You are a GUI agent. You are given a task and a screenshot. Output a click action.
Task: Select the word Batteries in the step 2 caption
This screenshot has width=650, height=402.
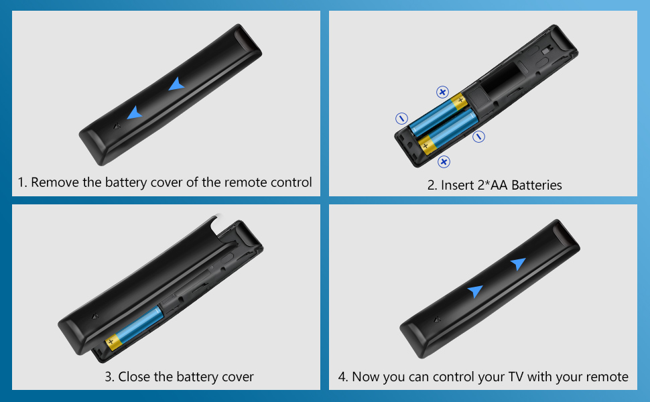pyautogui.click(x=536, y=185)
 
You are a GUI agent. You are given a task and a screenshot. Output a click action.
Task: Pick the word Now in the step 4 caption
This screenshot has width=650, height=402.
pyautogui.click(x=364, y=377)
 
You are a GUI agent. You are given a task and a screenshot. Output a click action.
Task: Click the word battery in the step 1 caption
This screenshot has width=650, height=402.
pyautogui.click(x=126, y=182)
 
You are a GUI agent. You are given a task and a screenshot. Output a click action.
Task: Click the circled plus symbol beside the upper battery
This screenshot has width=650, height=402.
pyautogui.click(x=443, y=92)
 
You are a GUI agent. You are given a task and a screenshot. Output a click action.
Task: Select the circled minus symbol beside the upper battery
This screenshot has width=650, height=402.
pyautogui.click(x=401, y=119)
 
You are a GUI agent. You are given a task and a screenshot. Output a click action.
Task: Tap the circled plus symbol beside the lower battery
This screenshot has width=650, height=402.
pyautogui.click(x=444, y=161)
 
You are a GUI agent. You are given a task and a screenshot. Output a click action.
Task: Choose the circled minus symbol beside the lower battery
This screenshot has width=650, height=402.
pyautogui.click(x=479, y=137)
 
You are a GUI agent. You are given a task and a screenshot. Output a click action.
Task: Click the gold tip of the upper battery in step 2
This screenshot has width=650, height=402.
pyautogui.click(x=459, y=102)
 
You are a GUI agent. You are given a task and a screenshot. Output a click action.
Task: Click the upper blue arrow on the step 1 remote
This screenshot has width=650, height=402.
pyautogui.click(x=176, y=84)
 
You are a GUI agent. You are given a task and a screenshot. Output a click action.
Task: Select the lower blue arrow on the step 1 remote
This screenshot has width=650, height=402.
pyautogui.click(x=134, y=113)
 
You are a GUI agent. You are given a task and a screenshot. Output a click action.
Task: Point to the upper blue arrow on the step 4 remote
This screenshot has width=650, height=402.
pyautogui.click(x=518, y=263)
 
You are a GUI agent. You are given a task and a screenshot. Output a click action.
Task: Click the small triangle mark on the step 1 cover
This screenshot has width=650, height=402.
pyautogui.click(x=117, y=126)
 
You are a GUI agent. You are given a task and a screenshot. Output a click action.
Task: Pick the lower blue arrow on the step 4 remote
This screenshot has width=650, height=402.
pyautogui.click(x=475, y=291)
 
